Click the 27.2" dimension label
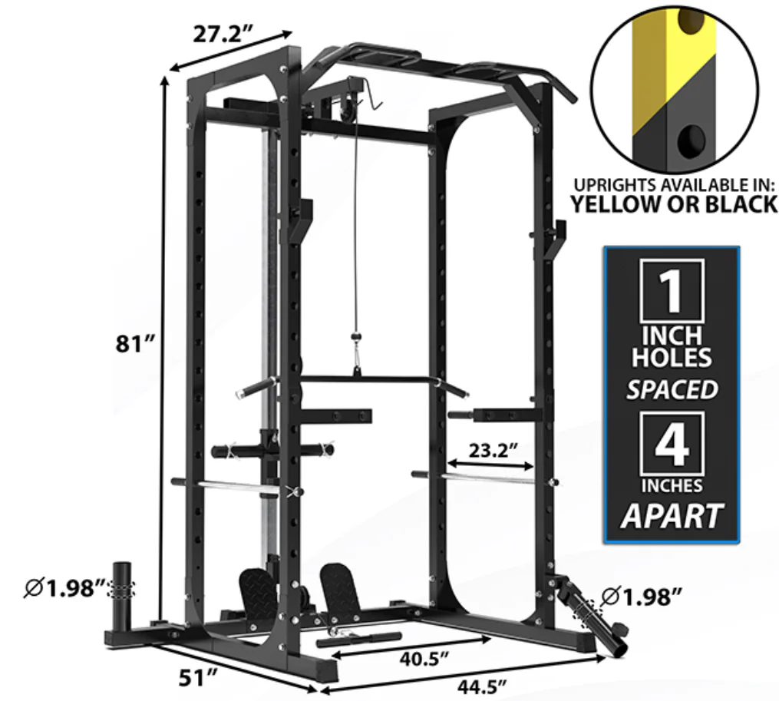click(x=223, y=34)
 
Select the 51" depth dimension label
click(x=198, y=678)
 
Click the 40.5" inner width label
click(x=424, y=659)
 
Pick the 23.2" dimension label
click(x=493, y=451)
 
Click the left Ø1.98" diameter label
click(x=65, y=588)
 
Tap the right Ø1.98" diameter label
click(x=641, y=597)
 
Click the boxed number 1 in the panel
click(x=672, y=291)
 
